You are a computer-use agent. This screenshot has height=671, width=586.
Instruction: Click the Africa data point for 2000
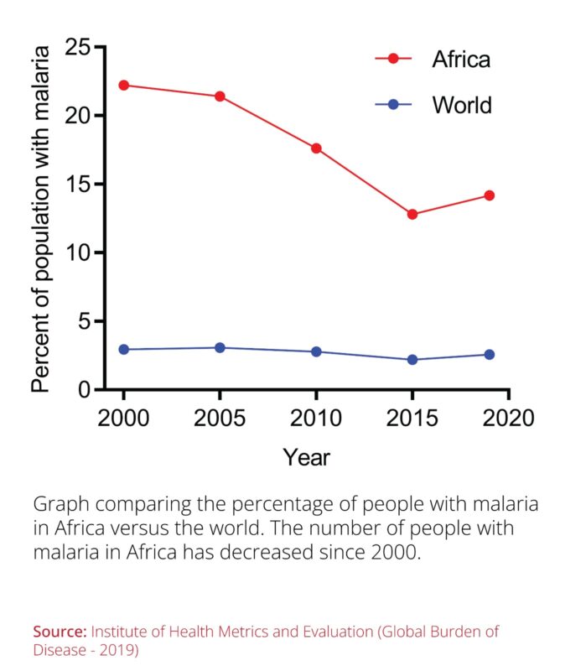(124, 85)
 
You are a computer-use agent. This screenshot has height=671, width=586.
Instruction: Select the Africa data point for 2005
(220, 96)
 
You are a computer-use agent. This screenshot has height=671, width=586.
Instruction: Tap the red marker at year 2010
(316, 148)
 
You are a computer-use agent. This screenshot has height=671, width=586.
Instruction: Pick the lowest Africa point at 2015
(412, 215)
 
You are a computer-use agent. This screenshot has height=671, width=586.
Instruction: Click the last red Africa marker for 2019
(490, 195)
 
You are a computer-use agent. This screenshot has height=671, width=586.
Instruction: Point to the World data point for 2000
(124, 349)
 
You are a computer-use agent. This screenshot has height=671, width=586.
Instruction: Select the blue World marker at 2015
(412, 360)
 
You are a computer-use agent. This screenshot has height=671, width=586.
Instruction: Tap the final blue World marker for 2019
(490, 354)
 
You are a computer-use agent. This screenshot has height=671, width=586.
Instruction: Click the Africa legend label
(460, 60)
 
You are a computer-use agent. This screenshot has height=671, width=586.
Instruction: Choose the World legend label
(461, 105)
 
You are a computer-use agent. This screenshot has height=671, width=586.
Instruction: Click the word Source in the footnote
(60, 631)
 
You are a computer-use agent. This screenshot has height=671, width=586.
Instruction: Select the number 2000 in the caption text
(389, 554)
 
